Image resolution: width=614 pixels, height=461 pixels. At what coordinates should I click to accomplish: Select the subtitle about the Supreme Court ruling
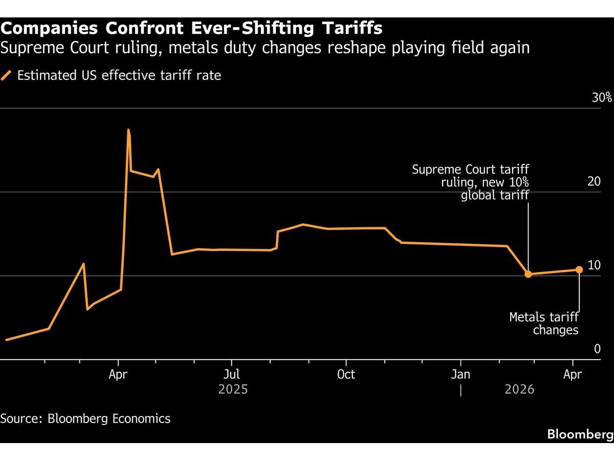[265, 48]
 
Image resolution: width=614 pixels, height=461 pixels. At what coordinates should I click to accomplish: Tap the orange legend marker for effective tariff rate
[7, 76]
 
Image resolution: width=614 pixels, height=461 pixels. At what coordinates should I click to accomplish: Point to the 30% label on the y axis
[602, 98]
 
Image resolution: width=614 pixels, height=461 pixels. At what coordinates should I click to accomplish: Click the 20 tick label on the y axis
[594, 182]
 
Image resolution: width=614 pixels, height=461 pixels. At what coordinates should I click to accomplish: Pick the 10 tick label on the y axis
[594, 265]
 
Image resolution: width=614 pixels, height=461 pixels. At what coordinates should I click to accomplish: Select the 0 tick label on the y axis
[597, 349]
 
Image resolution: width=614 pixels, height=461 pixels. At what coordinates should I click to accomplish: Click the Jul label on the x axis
[232, 374]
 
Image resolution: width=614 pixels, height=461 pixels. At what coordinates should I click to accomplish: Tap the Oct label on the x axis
[346, 374]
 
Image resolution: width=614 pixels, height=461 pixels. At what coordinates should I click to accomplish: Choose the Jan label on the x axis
[461, 374]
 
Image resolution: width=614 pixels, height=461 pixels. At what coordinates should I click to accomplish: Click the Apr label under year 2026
[573, 374]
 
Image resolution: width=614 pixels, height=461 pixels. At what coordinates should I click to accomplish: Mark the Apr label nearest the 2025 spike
[118, 374]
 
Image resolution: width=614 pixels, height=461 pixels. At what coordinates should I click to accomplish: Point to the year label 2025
[233, 390]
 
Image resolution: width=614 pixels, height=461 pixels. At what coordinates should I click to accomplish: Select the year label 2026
[519, 390]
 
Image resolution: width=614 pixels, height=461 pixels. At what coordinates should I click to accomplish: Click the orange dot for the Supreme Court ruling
[528, 274]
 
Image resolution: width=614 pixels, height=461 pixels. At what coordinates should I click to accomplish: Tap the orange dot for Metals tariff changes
[579, 269]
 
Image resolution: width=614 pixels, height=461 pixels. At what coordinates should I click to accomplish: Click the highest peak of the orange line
[128, 130]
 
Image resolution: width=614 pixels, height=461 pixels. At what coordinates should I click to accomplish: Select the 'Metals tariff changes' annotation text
[543, 324]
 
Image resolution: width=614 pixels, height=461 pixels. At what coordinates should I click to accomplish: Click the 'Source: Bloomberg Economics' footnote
[85, 418]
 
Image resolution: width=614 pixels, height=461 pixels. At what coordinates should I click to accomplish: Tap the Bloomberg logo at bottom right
[580, 434]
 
